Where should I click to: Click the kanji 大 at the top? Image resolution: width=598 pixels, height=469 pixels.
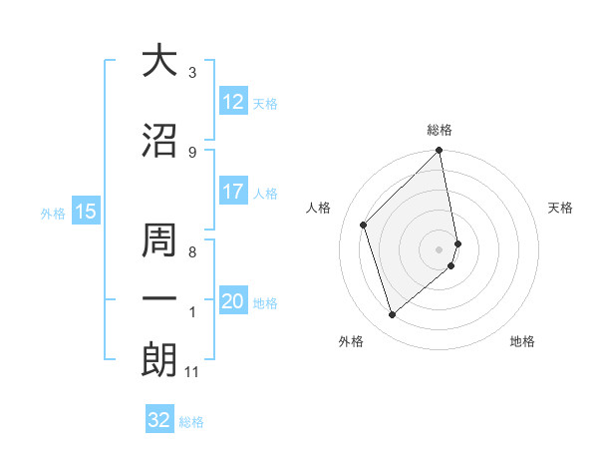(159, 62)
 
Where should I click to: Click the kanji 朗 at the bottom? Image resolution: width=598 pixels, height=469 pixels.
(159, 360)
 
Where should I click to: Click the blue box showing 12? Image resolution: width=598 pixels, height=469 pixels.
(233, 102)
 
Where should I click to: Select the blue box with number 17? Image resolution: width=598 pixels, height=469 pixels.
(233, 192)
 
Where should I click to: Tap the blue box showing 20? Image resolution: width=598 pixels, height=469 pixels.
(233, 301)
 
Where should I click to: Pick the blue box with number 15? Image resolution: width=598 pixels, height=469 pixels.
(85, 211)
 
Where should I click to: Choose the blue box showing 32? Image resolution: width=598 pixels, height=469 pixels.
(159, 420)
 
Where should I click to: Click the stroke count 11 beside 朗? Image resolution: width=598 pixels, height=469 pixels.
(192, 372)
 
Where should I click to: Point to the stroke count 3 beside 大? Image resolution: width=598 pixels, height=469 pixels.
(192, 73)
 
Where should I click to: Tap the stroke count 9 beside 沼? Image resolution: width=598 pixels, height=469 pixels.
(192, 152)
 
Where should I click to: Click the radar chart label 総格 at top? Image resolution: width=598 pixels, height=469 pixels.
(440, 130)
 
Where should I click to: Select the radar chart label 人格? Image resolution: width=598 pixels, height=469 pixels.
(319, 208)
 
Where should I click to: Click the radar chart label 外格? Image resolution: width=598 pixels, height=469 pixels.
(351, 341)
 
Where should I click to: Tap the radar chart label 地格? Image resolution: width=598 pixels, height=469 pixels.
(522, 341)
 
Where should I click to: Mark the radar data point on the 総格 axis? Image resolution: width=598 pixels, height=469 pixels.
(440, 151)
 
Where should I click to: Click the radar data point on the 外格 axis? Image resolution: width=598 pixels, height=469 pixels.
(392, 314)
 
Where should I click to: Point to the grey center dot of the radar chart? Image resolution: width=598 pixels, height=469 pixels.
(440, 248)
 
